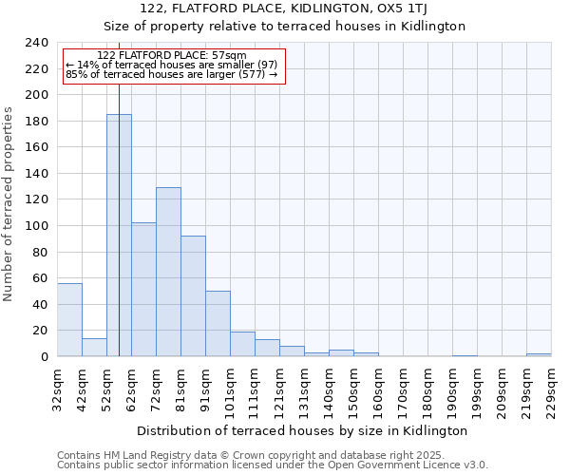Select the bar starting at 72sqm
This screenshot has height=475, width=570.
(168, 272)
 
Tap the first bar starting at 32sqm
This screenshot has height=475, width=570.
(69, 319)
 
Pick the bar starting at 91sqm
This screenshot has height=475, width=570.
(218, 323)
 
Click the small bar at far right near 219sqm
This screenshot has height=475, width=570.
(539, 354)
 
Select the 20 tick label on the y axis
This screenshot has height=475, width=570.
(40, 331)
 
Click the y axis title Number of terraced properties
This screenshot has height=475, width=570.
(9, 203)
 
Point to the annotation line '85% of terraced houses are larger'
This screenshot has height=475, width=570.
(171, 74)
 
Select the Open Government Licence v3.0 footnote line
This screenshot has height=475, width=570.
(272, 465)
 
